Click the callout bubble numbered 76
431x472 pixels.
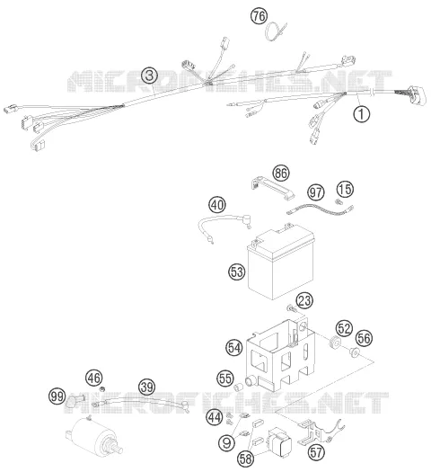click(259, 15)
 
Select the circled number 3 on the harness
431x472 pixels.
click(150, 76)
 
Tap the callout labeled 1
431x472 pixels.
click(362, 114)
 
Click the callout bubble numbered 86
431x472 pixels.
click(281, 174)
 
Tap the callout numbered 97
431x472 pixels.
click(315, 192)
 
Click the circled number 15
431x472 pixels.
click(345, 189)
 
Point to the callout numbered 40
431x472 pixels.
click(217, 205)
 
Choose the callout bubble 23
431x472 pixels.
click(304, 300)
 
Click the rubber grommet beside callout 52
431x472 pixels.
click(334, 343)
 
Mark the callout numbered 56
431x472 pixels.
click(364, 338)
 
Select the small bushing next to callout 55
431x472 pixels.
click(238, 387)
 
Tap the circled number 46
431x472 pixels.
click(93, 378)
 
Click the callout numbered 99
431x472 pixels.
click(57, 396)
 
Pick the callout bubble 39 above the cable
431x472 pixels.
click(147, 387)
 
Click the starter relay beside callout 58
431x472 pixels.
click(279, 441)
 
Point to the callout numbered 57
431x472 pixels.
click(316, 452)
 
